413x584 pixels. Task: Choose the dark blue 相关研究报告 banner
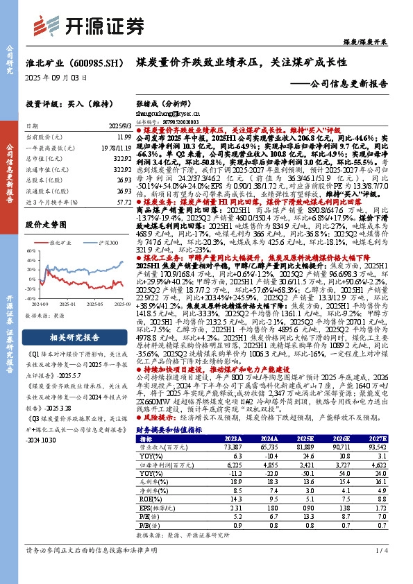tap(75, 338)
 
